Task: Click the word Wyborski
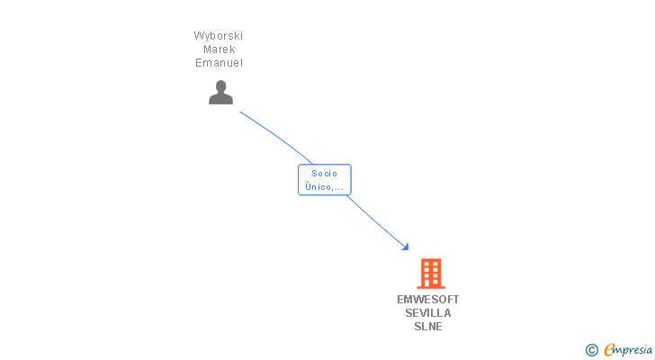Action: (x=219, y=36)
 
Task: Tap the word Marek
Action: (x=220, y=49)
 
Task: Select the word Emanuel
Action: (x=219, y=63)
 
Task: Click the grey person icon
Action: (x=220, y=93)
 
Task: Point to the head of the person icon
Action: (x=220, y=86)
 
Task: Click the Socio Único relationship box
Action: (x=325, y=180)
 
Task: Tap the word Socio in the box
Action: (x=324, y=174)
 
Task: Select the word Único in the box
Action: (x=319, y=186)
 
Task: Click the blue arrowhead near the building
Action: (x=405, y=247)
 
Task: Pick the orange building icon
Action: (x=431, y=274)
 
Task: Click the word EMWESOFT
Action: (x=427, y=300)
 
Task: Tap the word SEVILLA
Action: (x=427, y=313)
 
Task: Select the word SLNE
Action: (x=427, y=326)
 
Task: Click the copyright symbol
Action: (x=591, y=350)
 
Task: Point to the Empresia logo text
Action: (x=628, y=350)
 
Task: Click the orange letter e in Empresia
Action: (x=609, y=349)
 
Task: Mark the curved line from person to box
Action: (x=278, y=137)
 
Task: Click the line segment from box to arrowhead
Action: (x=376, y=221)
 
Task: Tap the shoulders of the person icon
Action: (x=220, y=99)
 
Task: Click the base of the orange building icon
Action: (x=431, y=287)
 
